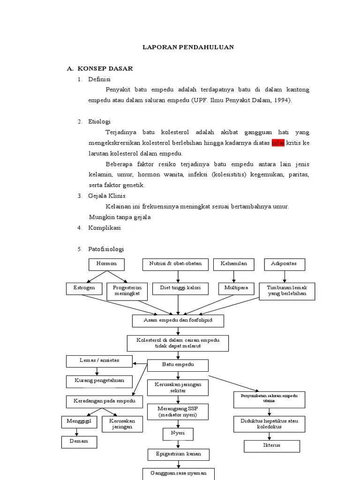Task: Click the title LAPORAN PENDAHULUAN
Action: (188, 47)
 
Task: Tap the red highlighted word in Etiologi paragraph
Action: (278, 143)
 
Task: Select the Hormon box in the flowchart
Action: (106, 264)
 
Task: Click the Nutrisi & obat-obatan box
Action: (175, 264)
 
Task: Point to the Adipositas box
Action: (284, 264)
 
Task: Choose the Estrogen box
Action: (83, 288)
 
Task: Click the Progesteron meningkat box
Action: (127, 291)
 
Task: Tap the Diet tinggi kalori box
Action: (180, 288)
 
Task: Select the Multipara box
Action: (236, 288)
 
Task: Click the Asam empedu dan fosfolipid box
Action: (178, 321)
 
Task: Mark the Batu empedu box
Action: (178, 365)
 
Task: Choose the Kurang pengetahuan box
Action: (99, 381)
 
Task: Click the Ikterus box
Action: (271, 446)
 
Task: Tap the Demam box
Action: (79, 442)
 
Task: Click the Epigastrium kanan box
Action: (178, 455)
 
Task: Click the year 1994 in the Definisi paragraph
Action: (282, 100)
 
